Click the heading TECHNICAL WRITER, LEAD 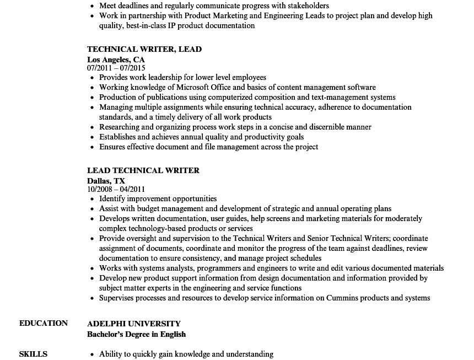point(144,49)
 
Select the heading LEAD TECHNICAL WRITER point(143,170)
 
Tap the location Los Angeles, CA point(116,59)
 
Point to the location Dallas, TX point(106,180)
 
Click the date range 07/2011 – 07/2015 point(116,68)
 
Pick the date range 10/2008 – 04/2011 point(116,190)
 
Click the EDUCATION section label point(44,323)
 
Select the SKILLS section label point(33,354)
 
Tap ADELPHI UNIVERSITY point(134,324)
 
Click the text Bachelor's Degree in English point(136,334)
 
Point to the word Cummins point(344,298)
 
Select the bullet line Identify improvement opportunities point(158,198)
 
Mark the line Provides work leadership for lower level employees point(182,78)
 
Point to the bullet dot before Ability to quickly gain point(92,354)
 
